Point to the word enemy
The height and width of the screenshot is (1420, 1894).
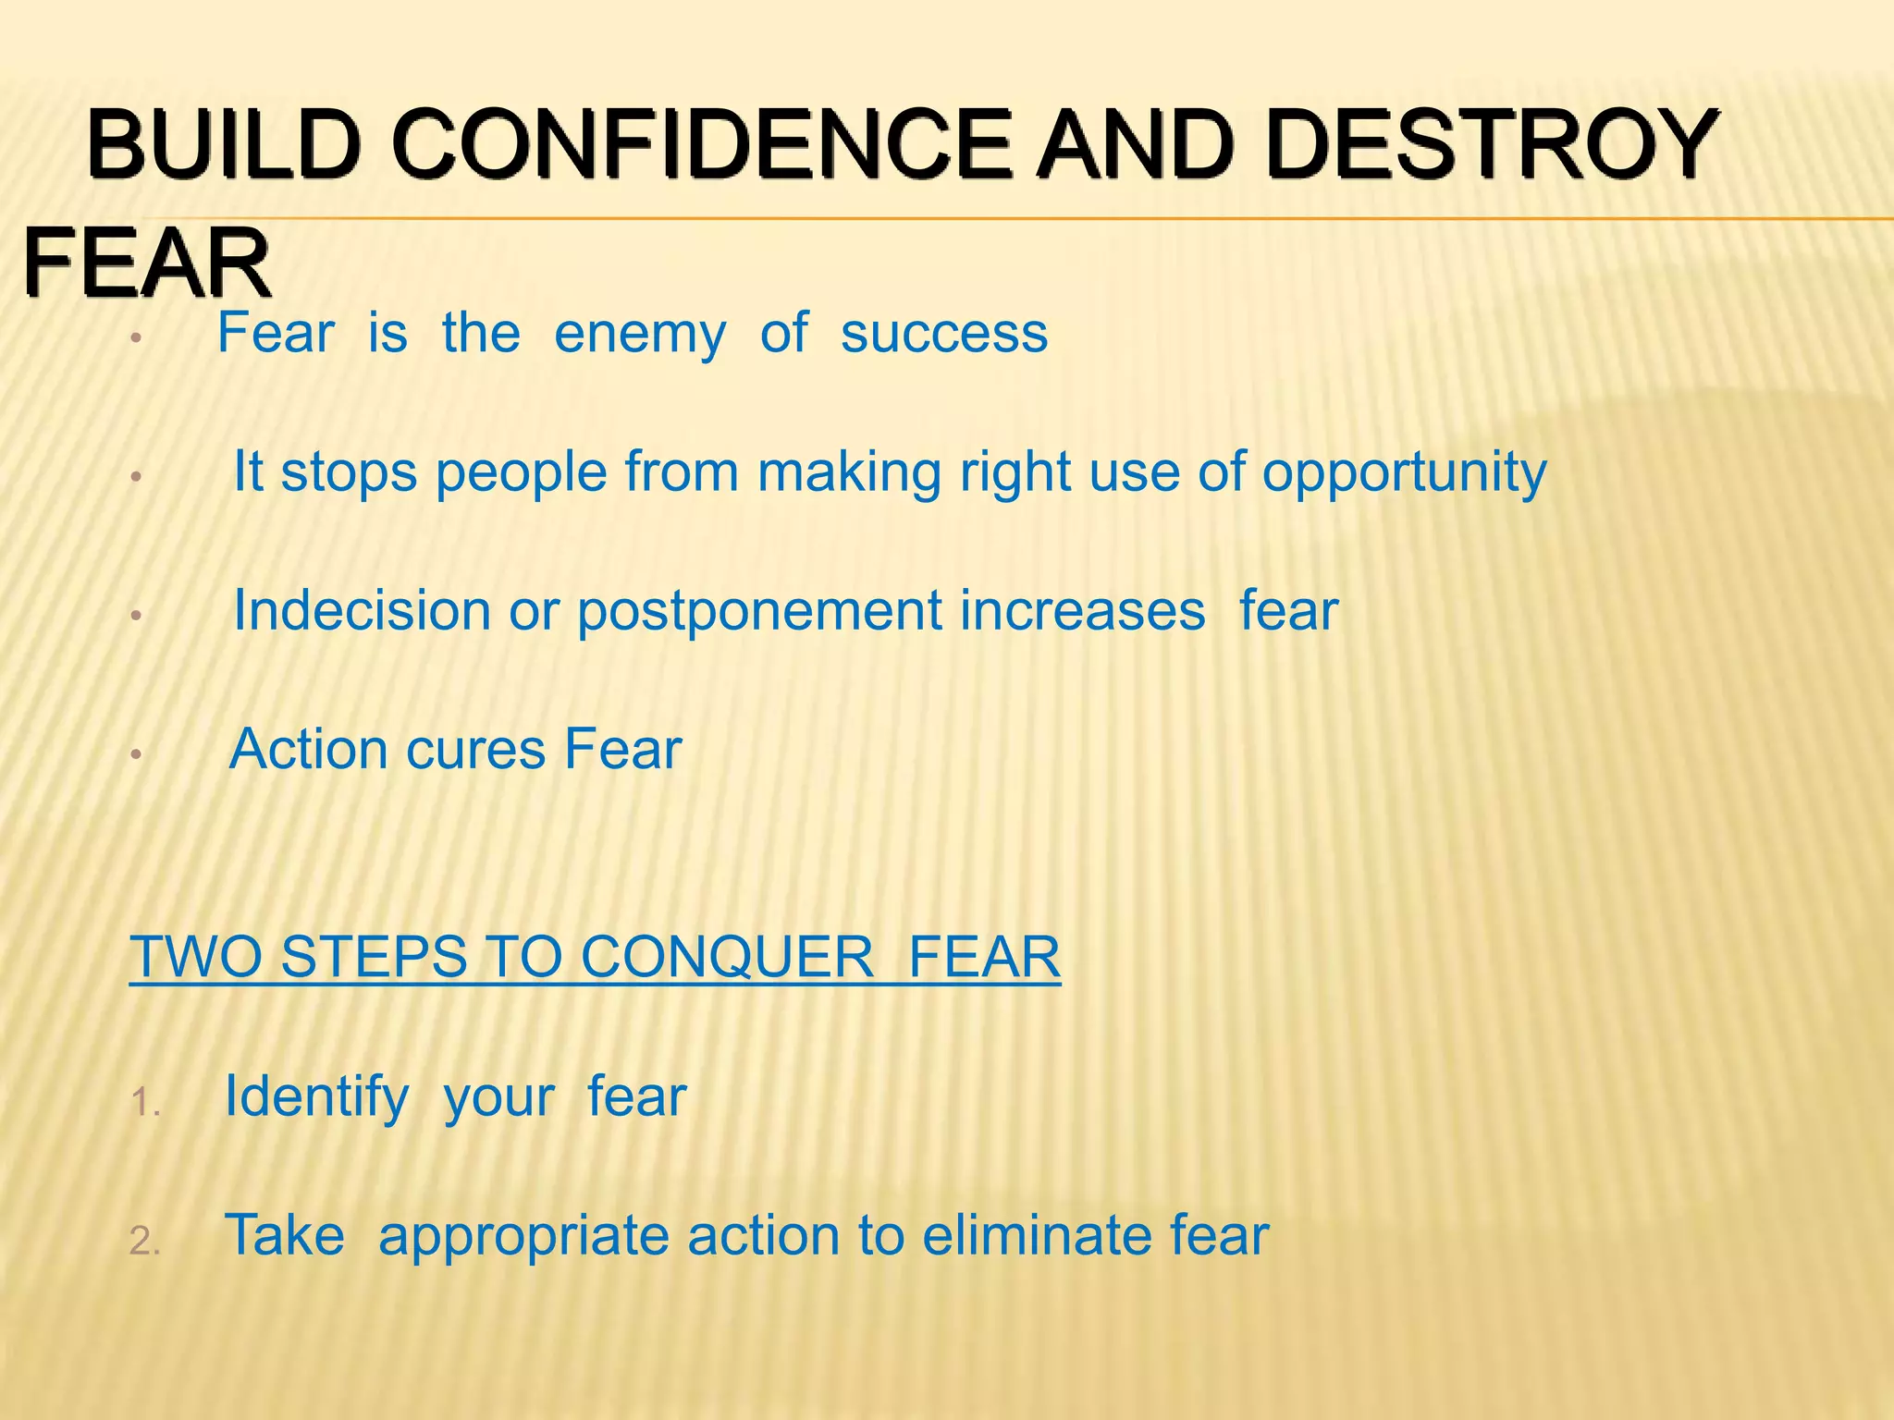pos(640,335)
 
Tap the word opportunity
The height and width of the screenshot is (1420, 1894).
pos(1404,474)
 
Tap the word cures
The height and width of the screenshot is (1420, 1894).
pos(475,750)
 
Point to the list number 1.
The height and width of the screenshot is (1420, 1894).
pos(146,1102)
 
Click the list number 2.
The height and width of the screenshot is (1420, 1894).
pos(146,1241)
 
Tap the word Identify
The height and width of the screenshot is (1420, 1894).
pos(316,1098)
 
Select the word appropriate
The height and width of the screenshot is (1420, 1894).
pos(523,1237)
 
